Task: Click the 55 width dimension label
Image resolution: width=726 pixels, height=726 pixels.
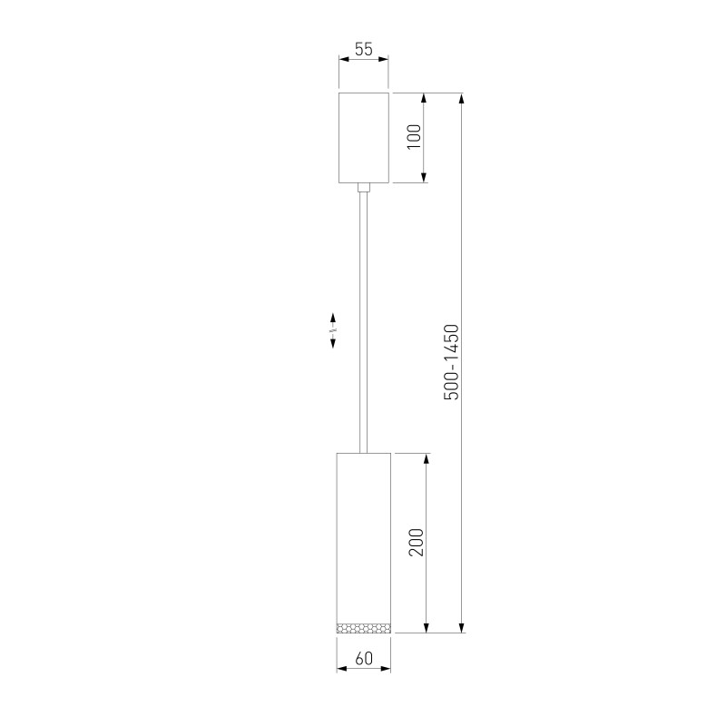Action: coord(363,50)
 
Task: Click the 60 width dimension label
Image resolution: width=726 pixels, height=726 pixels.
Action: coord(363,659)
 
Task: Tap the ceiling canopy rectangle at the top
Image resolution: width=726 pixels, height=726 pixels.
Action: coord(363,136)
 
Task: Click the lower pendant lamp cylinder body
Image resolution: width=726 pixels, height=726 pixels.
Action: coord(363,535)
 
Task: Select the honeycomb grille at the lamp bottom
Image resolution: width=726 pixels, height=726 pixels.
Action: coord(363,627)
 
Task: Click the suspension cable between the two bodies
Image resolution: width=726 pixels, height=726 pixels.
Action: coord(363,318)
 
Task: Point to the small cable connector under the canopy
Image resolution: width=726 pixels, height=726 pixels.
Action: coord(363,187)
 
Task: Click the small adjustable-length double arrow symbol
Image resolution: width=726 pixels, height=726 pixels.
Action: coord(333,330)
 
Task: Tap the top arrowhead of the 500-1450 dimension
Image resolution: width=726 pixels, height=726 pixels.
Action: coord(463,97)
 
